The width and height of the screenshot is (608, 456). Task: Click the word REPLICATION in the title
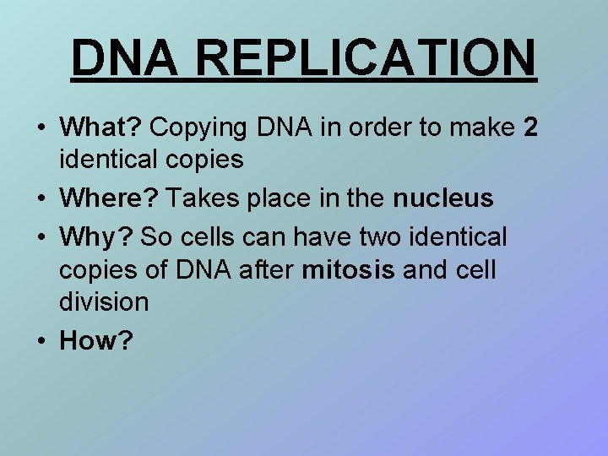[368, 57]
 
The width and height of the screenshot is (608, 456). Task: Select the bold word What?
[101, 128]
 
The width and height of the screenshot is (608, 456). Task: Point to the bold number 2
[530, 128]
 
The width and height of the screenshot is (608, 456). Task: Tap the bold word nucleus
[442, 198]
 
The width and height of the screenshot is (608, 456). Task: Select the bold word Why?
[96, 237]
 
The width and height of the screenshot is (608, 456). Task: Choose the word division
[104, 301]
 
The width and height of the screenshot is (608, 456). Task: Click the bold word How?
[96, 340]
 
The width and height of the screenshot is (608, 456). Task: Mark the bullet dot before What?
[41, 128]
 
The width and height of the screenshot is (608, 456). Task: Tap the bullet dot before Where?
[41, 199]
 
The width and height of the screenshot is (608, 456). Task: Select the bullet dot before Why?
[41, 238]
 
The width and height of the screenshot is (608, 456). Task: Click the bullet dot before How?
[41, 341]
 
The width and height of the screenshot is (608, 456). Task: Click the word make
[480, 128]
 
